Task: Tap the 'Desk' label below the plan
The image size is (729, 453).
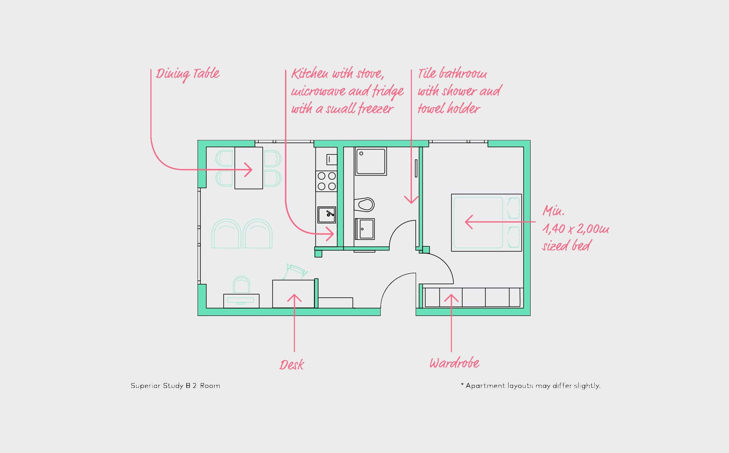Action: click(x=292, y=365)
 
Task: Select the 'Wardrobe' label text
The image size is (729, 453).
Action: click(x=454, y=363)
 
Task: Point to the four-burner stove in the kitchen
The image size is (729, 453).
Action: click(x=326, y=181)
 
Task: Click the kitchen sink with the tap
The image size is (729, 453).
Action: click(x=327, y=215)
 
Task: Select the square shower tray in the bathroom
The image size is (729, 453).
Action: click(x=371, y=161)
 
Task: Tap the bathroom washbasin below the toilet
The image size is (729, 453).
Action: click(x=365, y=229)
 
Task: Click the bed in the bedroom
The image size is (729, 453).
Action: click(x=486, y=223)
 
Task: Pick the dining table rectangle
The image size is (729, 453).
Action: click(x=249, y=168)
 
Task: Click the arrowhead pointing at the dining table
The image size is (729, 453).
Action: click(x=248, y=170)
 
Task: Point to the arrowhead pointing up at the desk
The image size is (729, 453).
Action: click(x=294, y=298)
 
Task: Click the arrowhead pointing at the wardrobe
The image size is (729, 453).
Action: click(x=451, y=298)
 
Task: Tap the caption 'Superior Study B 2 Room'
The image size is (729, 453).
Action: click(x=175, y=385)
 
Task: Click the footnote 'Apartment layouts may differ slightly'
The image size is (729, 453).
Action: click(x=533, y=386)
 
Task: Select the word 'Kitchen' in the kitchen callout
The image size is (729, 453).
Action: click(x=310, y=74)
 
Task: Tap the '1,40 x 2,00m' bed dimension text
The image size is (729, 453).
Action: click(x=575, y=229)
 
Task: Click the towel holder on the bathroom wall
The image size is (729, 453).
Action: click(x=416, y=168)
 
